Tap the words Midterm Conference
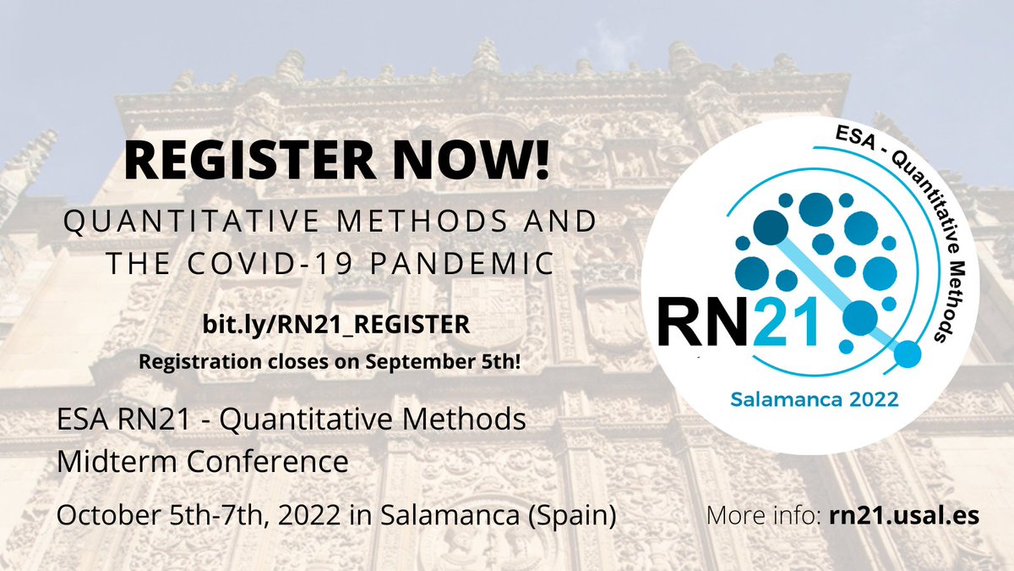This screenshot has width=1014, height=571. click(202, 462)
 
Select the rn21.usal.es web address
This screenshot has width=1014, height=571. click(900, 515)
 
